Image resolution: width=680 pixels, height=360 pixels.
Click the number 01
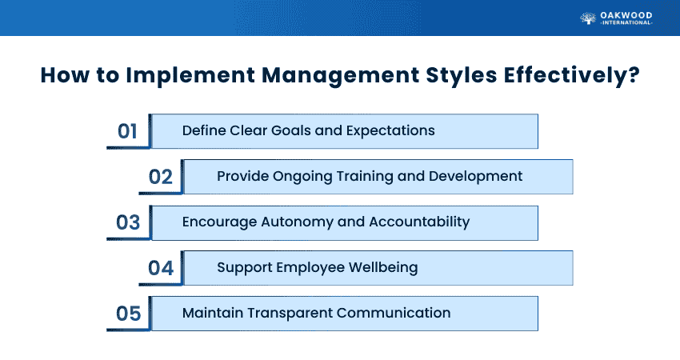[x=127, y=131]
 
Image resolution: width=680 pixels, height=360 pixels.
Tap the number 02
[x=161, y=177]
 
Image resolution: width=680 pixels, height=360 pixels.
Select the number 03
[x=128, y=222]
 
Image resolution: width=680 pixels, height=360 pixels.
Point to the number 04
[x=161, y=268]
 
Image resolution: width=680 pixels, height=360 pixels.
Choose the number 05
[x=128, y=314]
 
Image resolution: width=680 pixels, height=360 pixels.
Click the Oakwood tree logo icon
[x=588, y=18]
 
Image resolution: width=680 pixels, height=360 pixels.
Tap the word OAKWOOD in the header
[x=626, y=15]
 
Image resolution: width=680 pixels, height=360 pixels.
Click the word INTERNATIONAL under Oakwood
[x=626, y=22]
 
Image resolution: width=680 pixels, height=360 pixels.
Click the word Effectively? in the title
[x=571, y=75]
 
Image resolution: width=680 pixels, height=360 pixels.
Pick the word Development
[x=476, y=177]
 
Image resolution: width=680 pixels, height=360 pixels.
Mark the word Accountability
[x=419, y=222]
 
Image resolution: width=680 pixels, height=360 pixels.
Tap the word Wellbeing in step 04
[x=383, y=268]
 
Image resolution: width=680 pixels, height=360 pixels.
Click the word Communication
[x=394, y=313]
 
